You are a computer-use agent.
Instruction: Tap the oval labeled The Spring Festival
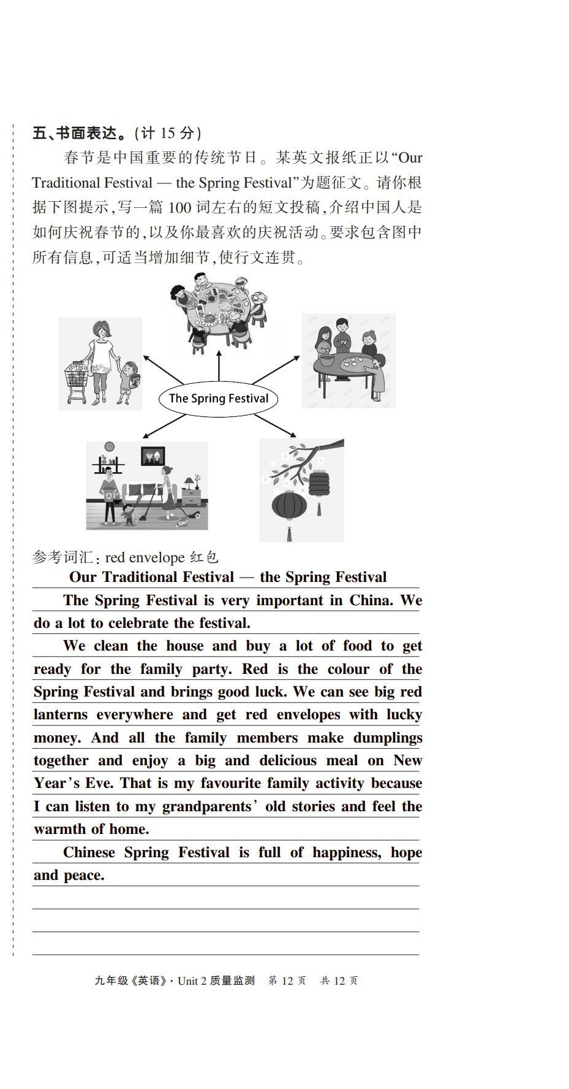tap(218, 399)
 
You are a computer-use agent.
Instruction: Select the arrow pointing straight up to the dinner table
tap(219, 366)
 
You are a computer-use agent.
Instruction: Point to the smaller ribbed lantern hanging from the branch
tap(319, 484)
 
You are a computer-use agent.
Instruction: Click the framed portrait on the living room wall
tap(153, 456)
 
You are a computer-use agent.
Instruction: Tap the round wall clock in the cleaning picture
tap(110, 446)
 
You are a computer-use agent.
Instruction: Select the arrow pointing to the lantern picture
tap(274, 425)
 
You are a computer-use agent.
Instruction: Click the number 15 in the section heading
tap(168, 133)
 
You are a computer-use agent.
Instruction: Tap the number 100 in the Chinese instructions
tap(179, 207)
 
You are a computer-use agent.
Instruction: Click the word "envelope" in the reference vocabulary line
tap(157, 557)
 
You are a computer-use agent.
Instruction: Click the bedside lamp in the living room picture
tap(197, 480)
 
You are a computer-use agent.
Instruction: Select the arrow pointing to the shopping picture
tap(164, 370)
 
